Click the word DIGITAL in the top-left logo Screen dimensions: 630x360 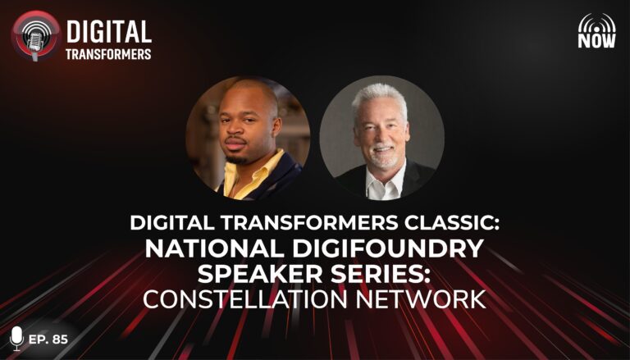point(109,32)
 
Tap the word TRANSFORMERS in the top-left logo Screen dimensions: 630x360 point(108,54)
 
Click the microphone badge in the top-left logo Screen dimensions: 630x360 point(36,36)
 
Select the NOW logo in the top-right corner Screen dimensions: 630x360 point(596,30)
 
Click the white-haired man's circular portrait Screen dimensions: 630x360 point(381,138)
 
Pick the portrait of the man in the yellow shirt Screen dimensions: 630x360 point(248,138)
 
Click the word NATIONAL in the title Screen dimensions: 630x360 point(216,249)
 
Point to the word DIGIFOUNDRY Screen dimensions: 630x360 point(388,249)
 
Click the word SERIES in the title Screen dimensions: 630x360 point(381,274)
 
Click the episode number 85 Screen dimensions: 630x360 point(60,339)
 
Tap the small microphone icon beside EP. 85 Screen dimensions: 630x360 point(16,339)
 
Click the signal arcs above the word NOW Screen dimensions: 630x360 point(596,22)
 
